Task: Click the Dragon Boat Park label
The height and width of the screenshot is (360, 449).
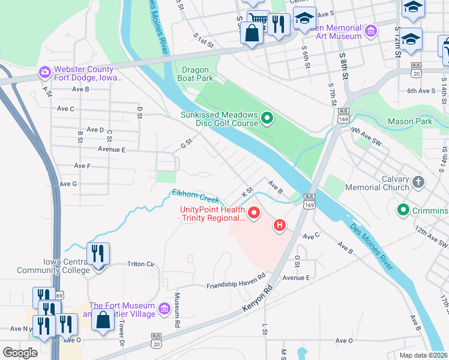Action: [x=195, y=74]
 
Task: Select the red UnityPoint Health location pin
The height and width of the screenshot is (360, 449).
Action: [x=254, y=212]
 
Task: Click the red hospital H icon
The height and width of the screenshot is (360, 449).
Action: [x=279, y=226]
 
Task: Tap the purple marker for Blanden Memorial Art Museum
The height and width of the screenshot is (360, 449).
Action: [x=371, y=30]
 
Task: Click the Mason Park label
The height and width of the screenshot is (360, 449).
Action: [x=409, y=121]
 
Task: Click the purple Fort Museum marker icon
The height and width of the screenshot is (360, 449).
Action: [x=164, y=310]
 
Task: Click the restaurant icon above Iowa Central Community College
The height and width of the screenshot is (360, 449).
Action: [x=98, y=253]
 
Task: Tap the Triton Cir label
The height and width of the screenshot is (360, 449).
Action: [x=141, y=264]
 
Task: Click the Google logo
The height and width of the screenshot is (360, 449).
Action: [x=20, y=352]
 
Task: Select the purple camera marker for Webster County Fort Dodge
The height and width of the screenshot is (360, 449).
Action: [x=44, y=73]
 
